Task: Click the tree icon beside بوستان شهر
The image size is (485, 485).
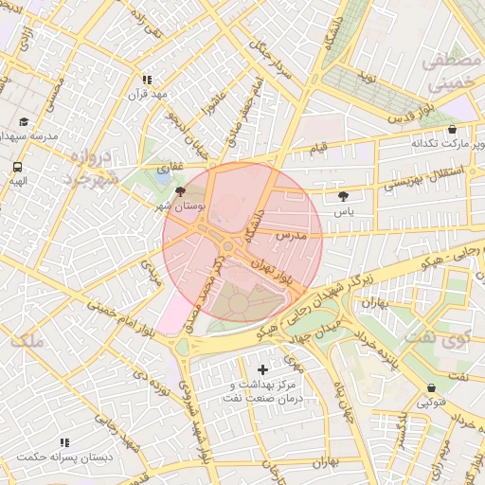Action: (x=182, y=192)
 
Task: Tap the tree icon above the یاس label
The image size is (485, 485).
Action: (x=342, y=196)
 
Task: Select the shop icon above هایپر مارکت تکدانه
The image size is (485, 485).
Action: (x=451, y=130)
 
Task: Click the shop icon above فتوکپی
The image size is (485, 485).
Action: (x=432, y=387)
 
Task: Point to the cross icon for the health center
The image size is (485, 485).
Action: (x=263, y=368)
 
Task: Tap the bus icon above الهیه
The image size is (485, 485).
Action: (x=18, y=166)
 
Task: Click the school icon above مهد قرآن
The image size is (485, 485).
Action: (x=147, y=81)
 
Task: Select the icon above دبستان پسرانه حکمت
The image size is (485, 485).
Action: (x=64, y=442)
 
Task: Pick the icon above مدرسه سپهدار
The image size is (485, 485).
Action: (x=24, y=122)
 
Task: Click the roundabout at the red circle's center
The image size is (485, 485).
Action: (x=229, y=247)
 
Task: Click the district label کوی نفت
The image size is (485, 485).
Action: (x=438, y=336)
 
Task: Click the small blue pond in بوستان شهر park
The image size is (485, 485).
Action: (x=163, y=176)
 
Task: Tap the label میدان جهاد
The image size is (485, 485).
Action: (x=310, y=336)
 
